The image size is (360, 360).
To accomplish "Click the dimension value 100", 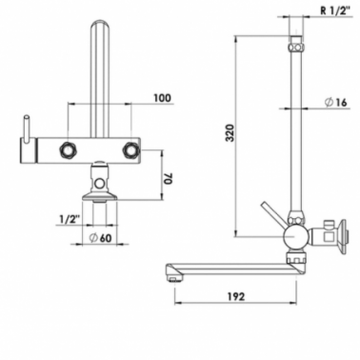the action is [162, 98].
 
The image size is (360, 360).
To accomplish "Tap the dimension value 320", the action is [230, 133].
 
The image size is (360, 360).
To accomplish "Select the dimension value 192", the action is [236, 296].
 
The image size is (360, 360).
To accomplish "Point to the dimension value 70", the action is [168, 178].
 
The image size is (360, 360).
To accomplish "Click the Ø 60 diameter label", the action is [100, 238].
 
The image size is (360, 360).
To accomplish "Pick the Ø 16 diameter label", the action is [336, 103].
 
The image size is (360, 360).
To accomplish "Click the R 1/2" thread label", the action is [335, 10].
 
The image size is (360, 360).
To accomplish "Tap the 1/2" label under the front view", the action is [70, 219].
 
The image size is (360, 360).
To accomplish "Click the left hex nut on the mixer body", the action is [68, 150].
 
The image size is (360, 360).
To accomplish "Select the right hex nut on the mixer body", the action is [130, 150].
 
